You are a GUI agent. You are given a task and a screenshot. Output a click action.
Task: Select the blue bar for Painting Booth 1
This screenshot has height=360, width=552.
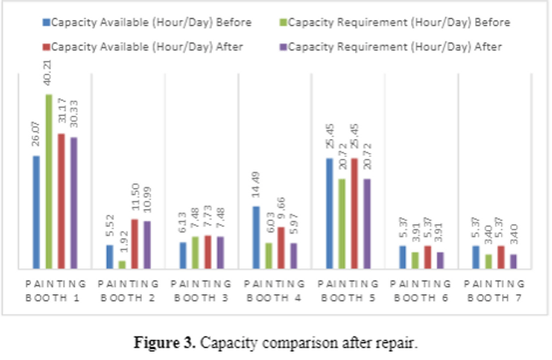tap(37, 212)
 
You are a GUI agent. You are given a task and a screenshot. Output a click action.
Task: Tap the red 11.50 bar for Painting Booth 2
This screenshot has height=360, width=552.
tap(134, 243)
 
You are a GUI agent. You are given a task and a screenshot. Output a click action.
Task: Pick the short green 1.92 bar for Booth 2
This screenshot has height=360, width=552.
tap(122, 264)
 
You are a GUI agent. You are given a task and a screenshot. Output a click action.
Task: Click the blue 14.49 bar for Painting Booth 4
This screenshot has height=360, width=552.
tap(256, 237)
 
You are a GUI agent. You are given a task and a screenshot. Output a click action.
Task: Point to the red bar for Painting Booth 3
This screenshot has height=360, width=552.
tap(208, 252)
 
